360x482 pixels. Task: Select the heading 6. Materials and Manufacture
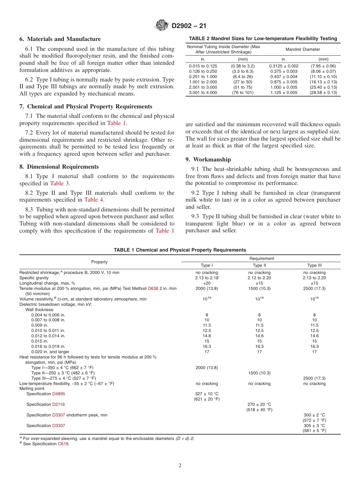[x=60, y=39]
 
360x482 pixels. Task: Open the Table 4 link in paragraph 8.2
[x=94, y=200]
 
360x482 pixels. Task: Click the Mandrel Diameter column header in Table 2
[x=302, y=49]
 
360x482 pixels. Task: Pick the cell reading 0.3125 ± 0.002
[x=283, y=66]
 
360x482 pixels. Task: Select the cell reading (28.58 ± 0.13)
[x=323, y=92]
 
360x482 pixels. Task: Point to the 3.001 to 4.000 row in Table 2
[x=203, y=92]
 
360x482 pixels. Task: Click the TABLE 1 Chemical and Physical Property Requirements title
[x=180, y=250]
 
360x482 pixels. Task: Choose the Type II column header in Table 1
[x=259, y=265]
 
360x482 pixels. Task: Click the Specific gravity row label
[x=34, y=278]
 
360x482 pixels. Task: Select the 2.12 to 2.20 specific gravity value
[x=259, y=278]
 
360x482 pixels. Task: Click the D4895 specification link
[x=58, y=394]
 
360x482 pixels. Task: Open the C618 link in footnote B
[x=63, y=444]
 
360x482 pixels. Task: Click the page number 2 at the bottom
[x=180, y=466]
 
